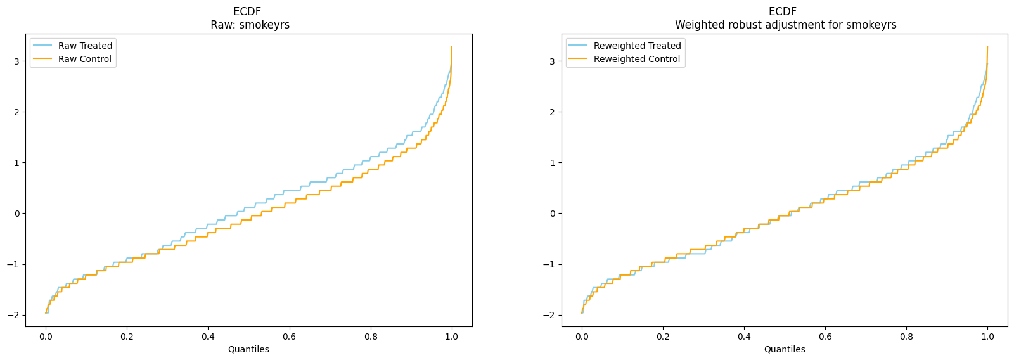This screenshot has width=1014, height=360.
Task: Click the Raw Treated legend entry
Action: (72, 46)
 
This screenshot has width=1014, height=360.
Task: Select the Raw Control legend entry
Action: (72, 59)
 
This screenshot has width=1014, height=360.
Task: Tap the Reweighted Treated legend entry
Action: (625, 46)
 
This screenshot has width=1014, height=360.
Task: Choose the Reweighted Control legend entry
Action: (624, 59)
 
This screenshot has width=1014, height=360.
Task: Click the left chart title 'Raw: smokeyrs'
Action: (250, 25)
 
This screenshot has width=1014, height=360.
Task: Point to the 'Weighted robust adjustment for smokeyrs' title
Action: (786, 25)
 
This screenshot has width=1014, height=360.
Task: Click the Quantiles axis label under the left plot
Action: (248, 349)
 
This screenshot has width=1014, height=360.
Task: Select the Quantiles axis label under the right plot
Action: (785, 349)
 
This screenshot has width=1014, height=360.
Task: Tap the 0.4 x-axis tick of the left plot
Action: (209, 337)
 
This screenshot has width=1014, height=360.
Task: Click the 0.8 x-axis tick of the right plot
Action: (906, 337)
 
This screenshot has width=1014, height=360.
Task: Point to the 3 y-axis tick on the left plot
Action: (17, 61)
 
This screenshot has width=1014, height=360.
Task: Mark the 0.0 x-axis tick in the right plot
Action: (582, 337)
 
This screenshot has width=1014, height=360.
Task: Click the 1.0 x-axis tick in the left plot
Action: (452, 337)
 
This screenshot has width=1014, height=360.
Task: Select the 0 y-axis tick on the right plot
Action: (553, 214)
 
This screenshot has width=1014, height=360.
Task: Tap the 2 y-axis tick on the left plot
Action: (17, 112)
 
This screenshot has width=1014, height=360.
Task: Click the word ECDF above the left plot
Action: (247, 11)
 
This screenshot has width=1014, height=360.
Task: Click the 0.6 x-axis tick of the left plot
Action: (289, 337)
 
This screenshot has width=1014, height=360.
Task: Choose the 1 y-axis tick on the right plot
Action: (553, 162)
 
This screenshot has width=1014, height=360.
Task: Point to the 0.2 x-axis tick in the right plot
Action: (663, 337)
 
